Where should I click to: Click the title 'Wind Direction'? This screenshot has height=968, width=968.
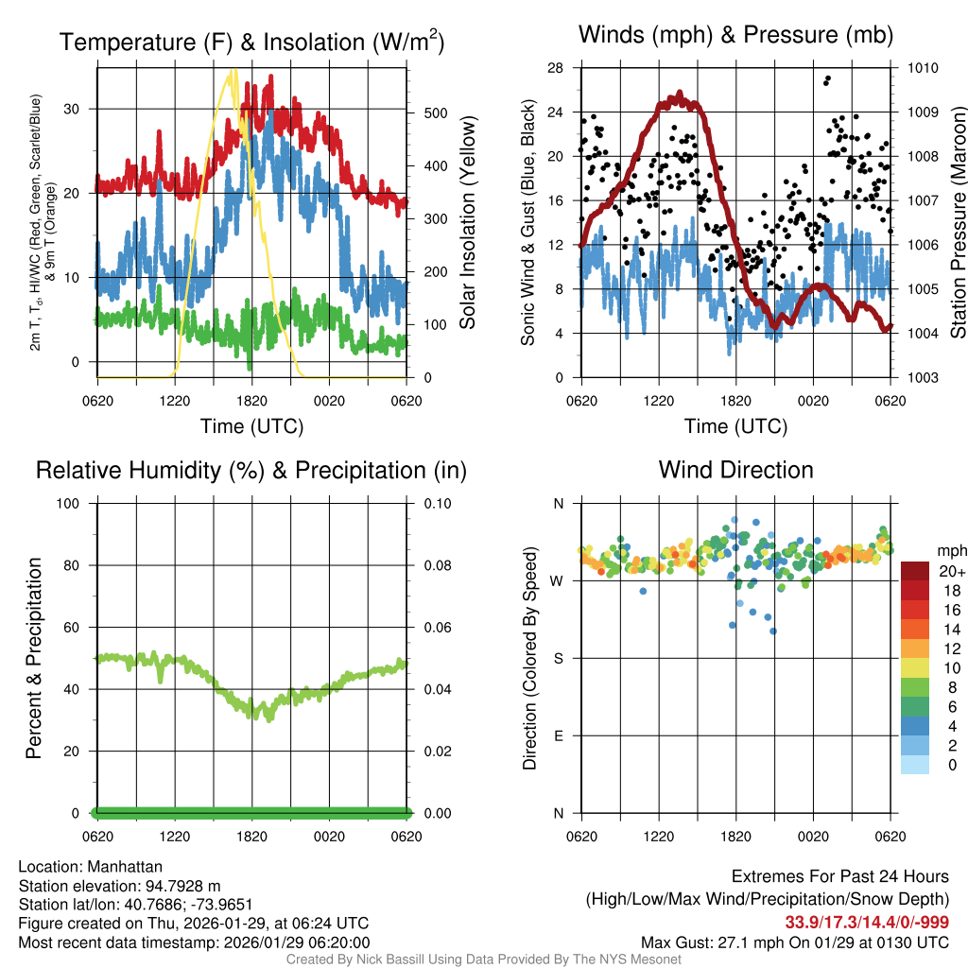tap(735, 470)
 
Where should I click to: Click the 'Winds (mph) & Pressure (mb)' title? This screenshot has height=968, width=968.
tap(735, 35)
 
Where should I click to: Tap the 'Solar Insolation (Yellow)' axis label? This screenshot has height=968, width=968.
tap(467, 223)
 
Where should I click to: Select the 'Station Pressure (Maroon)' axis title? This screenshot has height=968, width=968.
tap(957, 223)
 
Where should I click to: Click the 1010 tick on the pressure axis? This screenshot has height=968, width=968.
tap(922, 68)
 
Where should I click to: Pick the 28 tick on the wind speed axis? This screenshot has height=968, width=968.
tap(556, 68)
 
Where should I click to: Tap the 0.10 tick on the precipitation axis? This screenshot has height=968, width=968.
tap(437, 503)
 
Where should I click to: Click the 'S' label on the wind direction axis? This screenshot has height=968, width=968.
tap(559, 658)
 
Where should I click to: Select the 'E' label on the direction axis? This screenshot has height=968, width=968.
tap(559, 735)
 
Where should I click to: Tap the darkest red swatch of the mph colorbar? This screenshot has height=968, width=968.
tap(915, 571)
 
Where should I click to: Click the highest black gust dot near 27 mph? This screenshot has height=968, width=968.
tap(828, 78)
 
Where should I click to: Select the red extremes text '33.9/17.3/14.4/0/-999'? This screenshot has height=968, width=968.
tap(867, 923)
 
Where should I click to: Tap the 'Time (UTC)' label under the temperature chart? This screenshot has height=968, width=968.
tap(251, 426)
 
